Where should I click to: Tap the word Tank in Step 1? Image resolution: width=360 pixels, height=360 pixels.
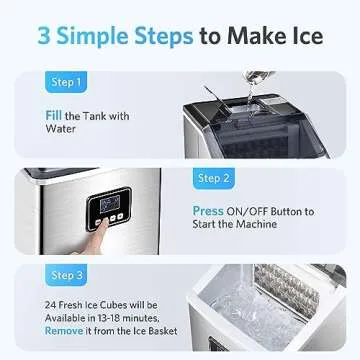(107, 116)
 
